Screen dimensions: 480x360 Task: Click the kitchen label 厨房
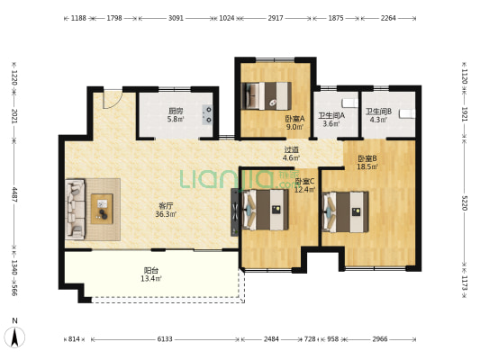[x=176, y=111]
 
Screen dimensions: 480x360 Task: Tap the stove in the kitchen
[x=207, y=114]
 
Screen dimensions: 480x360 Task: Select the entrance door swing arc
[x=113, y=99]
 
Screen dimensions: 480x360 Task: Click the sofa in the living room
[x=75, y=209]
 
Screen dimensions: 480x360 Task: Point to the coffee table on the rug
[x=102, y=209]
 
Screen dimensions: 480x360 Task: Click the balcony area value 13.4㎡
[x=151, y=279]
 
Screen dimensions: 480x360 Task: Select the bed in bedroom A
[x=266, y=95]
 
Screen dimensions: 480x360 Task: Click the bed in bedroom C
[x=266, y=210]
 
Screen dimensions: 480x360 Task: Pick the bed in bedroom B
[x=346, y=212]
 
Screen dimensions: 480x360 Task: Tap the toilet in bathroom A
[x=349, y=103]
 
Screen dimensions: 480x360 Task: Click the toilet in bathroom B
[x=407, y=113]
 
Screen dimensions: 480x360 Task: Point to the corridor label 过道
[x=291, y=150]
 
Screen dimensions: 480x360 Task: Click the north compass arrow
[x=14, y=337]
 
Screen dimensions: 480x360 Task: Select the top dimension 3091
[x=176, y=18]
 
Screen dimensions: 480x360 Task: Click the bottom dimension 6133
[x=165, y=339]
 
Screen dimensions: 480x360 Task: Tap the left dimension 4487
[x=14, y=194]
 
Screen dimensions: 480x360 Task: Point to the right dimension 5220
[x=465, y=202]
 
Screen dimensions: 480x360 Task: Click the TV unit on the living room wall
[x=235, y=212]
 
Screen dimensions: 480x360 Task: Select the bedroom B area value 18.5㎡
[x=367, y=166]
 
